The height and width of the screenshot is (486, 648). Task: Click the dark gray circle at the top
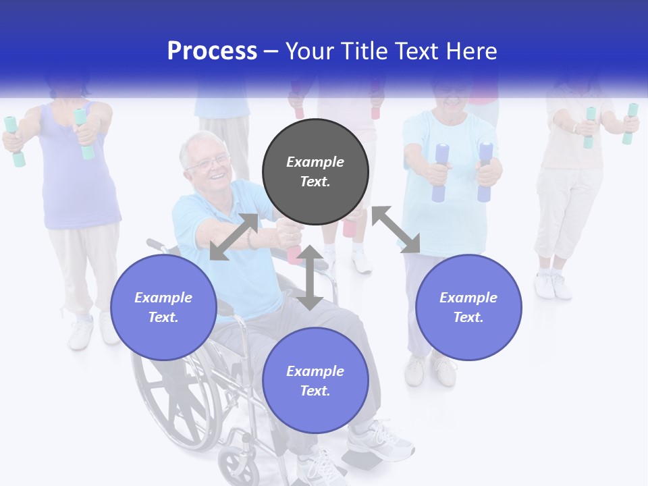click(x=315, y=172)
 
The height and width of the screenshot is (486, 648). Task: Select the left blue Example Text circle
click(x=163, y=307)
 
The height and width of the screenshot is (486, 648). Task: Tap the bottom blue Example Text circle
click(x=315, y=381)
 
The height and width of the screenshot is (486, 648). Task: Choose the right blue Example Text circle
click(x=468, y=307)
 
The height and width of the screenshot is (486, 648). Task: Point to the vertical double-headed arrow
click(x=310, y=277)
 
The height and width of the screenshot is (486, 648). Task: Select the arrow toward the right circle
click(x=396, y=230)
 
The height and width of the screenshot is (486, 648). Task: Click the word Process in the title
click(x=212, y=51)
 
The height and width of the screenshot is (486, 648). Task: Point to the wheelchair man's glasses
click(x=209, y=163)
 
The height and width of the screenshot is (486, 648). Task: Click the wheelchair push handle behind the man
click(x=155, y=244)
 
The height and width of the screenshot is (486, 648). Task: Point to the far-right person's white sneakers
click(x=553, y=285)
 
